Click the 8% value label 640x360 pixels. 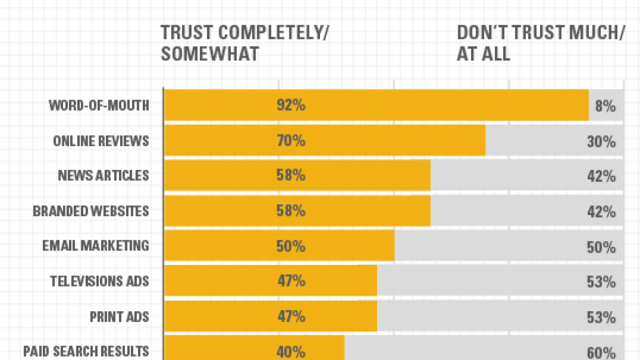[x=605, y=106]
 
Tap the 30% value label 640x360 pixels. [x=601, y=141]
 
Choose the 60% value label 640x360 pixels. [x=601, y=353]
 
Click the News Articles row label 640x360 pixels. [x=103, y=175]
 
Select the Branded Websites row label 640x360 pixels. [x=91, y=211]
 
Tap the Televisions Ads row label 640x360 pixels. [x=99, y=281]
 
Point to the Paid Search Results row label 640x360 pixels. [x=86, y=351]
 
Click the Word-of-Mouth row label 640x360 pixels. [x=98, y=105]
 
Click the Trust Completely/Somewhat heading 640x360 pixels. [x=245, y=43]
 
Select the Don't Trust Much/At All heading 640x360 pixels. [x=541, y=43]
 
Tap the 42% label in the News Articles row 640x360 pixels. [x=601, y=176]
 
